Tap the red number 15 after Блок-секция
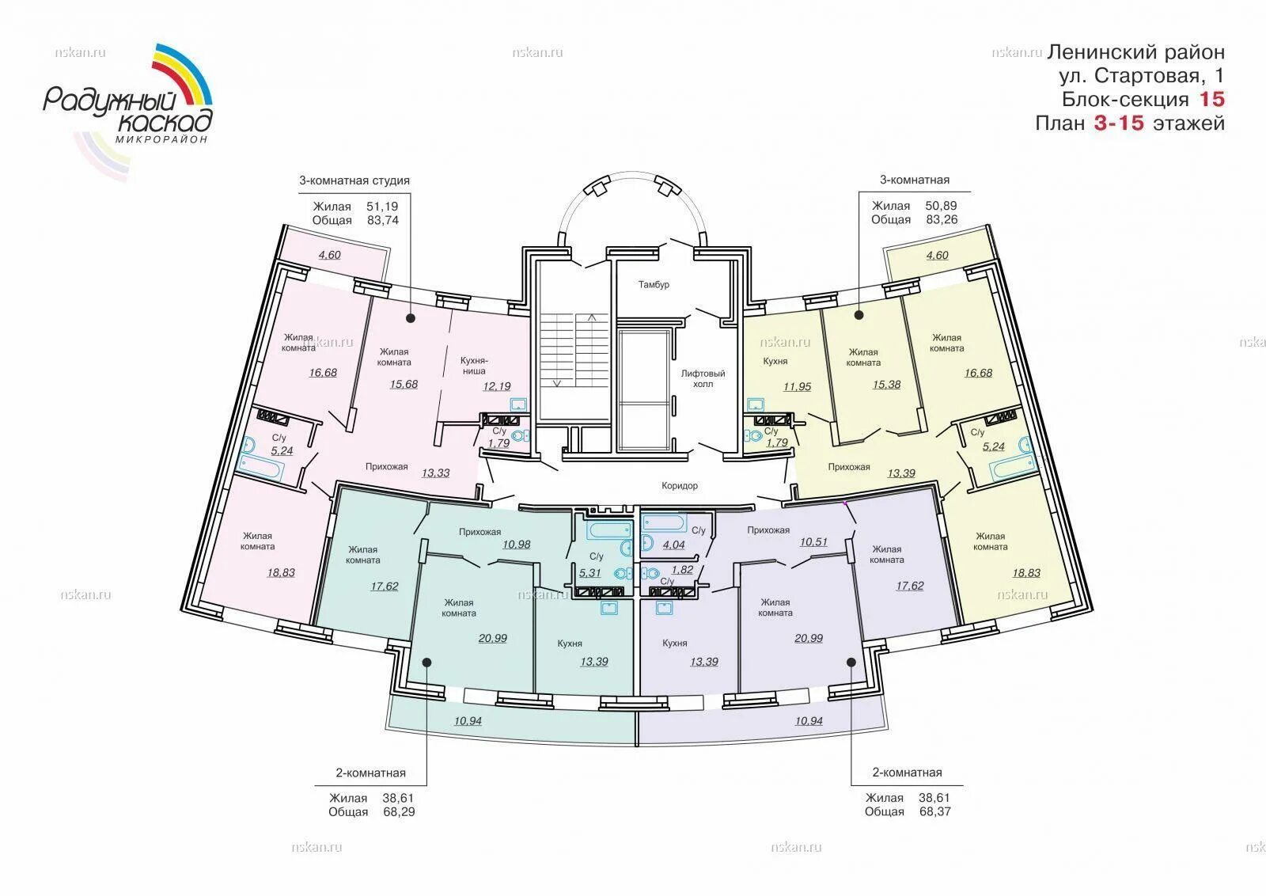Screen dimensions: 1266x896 coord(1211,99)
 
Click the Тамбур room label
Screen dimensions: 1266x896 coord(654,284)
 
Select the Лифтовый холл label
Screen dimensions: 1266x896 coord(703,379)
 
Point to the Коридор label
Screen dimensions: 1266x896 coord(680,485)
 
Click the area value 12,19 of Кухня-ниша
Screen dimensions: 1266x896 coord(497,386)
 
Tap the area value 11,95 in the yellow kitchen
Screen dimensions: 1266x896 coord(797,387)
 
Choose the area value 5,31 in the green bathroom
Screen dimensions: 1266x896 coord(589,572)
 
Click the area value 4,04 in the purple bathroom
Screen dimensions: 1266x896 coord(673,545)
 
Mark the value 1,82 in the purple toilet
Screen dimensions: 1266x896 coord(682,570)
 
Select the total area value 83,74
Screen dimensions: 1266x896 coord(383,221)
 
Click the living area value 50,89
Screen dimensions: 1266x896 coord(941,206)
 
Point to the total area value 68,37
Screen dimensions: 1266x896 coord(934,812)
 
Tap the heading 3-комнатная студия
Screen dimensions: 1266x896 coord(354,180)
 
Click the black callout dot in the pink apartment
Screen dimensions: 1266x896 coord(411,318)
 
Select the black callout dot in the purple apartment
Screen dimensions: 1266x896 coord(851,662)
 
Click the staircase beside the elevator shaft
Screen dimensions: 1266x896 coord(574,351)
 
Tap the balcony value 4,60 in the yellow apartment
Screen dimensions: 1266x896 coord(937,255)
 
